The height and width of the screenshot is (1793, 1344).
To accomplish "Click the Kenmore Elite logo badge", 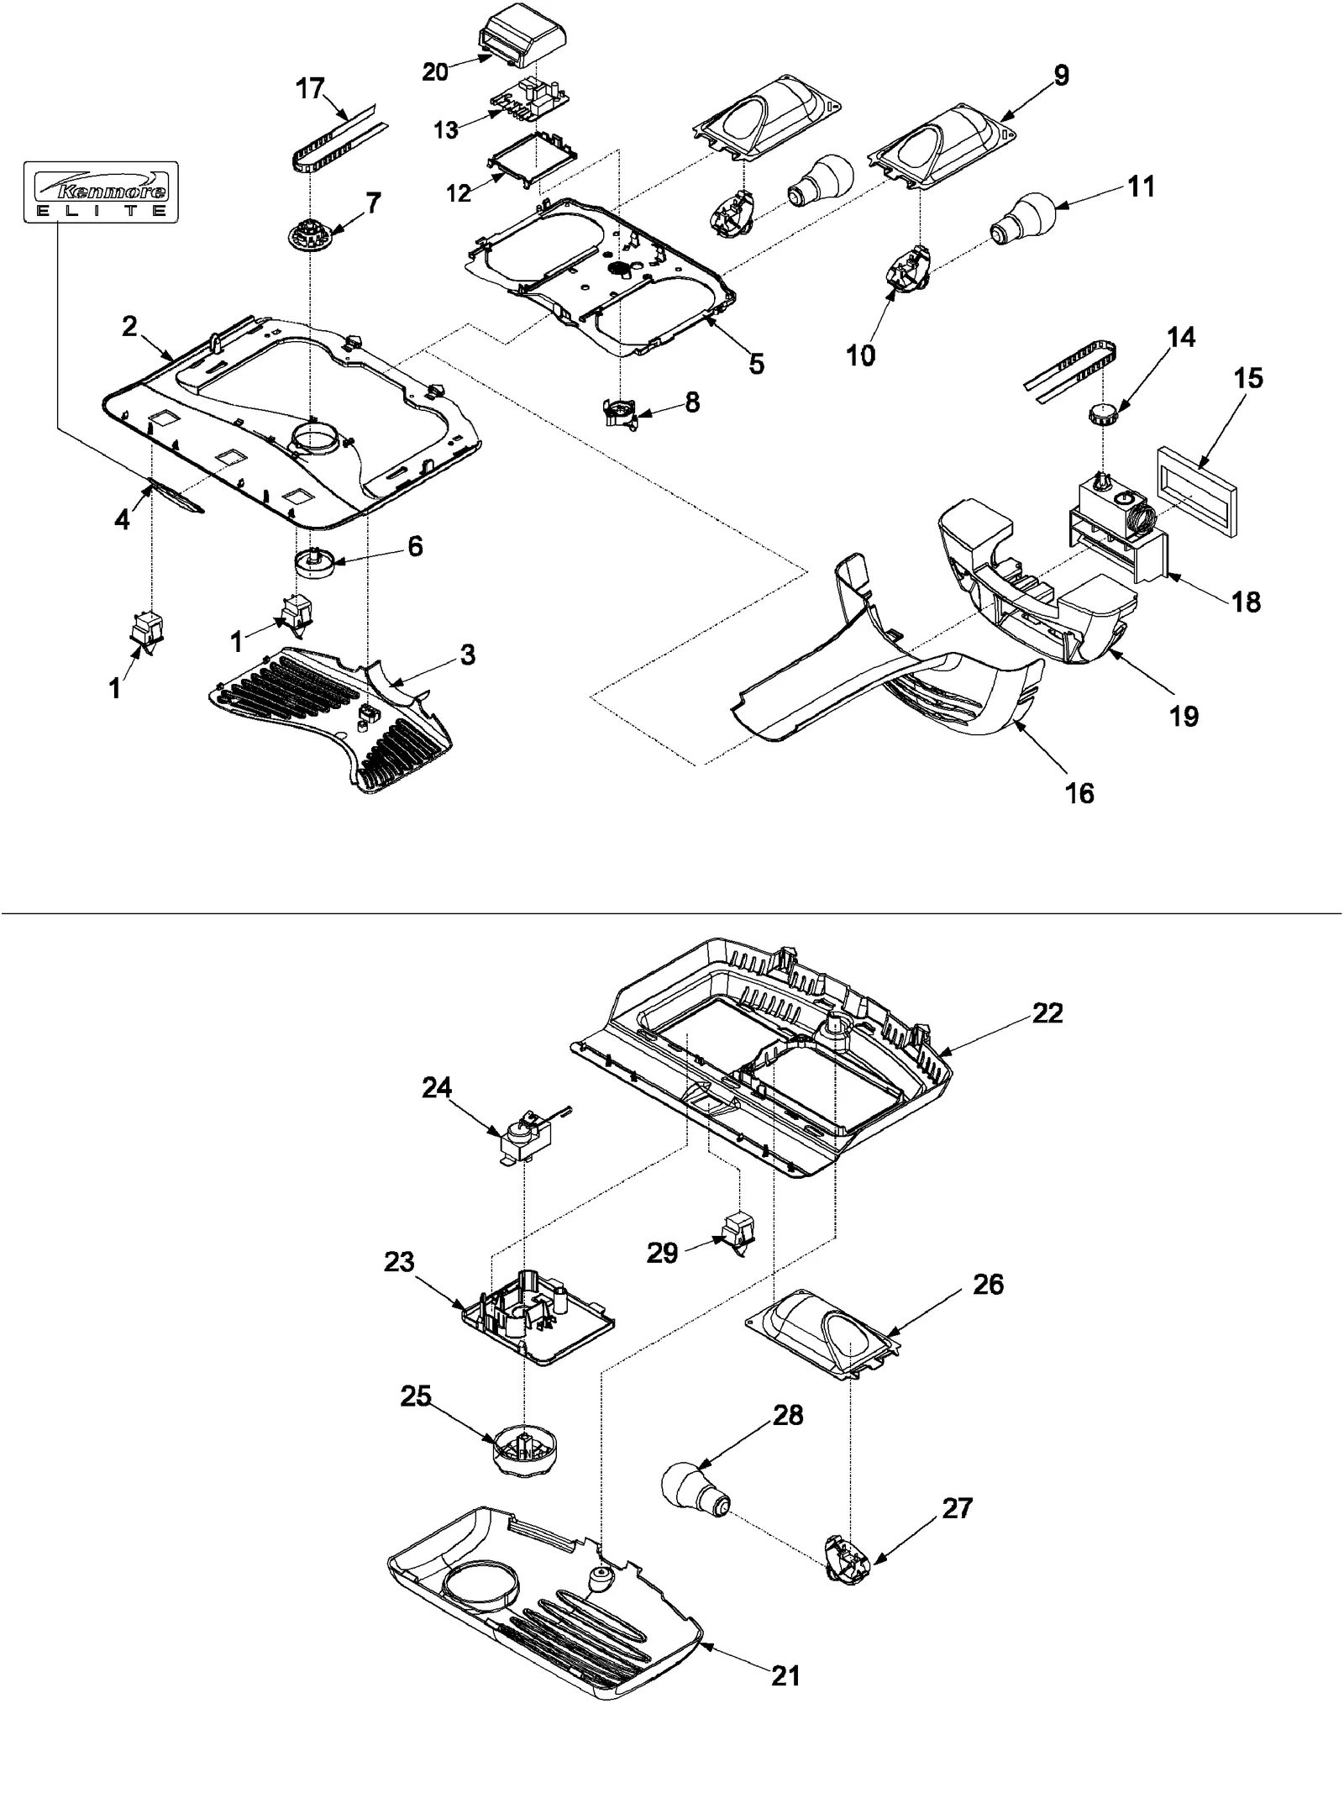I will [x=101, y=191].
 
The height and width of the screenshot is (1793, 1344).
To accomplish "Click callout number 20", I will [x=435, y=72].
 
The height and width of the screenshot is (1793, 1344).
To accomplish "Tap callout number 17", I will [x=310, y=87].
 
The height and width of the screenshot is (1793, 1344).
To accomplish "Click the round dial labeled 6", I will [x=313, y=560].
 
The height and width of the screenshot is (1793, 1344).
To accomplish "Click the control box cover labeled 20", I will [x=521, y=35].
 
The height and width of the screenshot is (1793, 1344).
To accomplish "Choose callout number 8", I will [x=691, y=402].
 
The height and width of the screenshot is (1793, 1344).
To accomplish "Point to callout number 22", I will [x=1047, y=1013].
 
